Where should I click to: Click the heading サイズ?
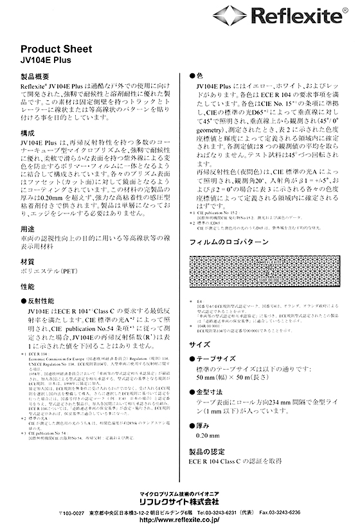tap(199, 345)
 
